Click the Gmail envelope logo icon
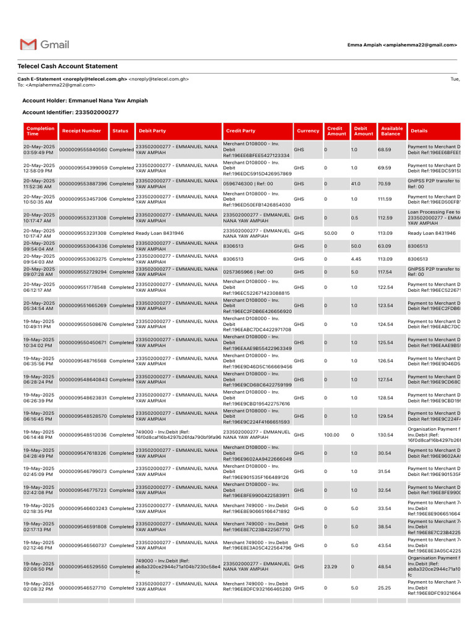28,45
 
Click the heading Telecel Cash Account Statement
67,66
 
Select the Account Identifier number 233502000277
96,113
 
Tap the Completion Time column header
40,131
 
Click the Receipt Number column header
82,131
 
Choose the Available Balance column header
392,131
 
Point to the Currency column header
308,131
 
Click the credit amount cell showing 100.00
332,435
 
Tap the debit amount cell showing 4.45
356,259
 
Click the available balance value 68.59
385,150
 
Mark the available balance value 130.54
386,435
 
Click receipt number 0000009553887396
83,184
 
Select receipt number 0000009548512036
83,435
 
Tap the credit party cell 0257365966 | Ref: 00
248,272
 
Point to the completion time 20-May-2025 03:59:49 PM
39,150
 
